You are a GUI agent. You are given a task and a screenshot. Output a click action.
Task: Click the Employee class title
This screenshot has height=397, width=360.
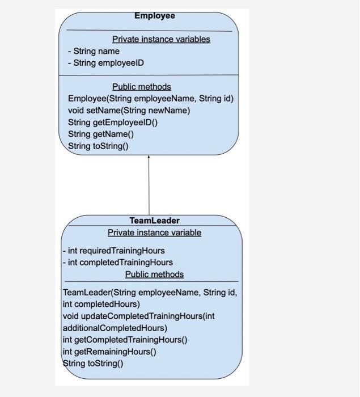[154, 16]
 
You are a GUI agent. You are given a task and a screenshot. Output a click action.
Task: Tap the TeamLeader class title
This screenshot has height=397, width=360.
[154, 221]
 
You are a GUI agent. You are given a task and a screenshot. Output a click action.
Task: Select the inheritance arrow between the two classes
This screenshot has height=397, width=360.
[149, 184]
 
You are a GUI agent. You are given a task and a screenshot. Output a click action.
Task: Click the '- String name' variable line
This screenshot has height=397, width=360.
[94, 51]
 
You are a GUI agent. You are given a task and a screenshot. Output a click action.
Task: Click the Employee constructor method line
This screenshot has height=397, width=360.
[150, 99]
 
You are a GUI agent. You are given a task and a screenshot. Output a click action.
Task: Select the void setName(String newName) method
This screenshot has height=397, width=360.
[129, 111]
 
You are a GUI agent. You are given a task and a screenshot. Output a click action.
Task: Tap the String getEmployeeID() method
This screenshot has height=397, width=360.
[113, 123]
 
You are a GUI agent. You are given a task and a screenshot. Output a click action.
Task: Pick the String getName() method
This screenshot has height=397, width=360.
[101, 134]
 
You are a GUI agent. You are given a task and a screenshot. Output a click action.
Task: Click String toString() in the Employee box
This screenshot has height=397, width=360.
[98, 146]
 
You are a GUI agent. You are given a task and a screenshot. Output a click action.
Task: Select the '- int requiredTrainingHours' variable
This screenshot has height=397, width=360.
[113, 251]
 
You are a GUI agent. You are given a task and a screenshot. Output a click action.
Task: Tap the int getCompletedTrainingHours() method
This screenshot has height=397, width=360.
[125, 340]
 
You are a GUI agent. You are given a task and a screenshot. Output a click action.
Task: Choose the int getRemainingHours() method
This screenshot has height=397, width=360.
[109, 352]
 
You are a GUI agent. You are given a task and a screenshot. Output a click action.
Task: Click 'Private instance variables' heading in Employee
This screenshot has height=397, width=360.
[161, 39]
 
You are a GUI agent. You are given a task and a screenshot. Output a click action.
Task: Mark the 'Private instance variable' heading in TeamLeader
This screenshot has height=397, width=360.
[154, 233]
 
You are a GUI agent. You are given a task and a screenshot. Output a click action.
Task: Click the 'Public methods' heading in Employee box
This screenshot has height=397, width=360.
[141, 87]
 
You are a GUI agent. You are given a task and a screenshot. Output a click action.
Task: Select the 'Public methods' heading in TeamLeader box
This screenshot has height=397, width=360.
[154, 274]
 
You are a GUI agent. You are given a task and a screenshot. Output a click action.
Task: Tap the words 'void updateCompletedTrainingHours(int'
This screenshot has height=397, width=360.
[138, 316]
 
